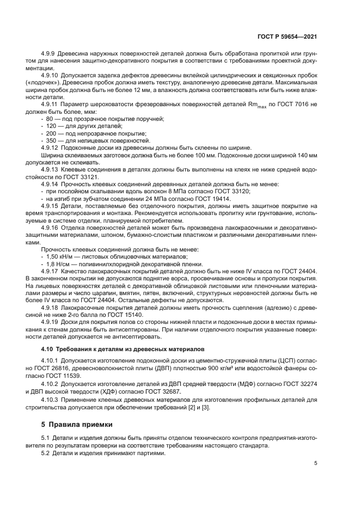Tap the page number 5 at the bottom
(x=315, y=463)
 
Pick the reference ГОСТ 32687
(x=162, y=391)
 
